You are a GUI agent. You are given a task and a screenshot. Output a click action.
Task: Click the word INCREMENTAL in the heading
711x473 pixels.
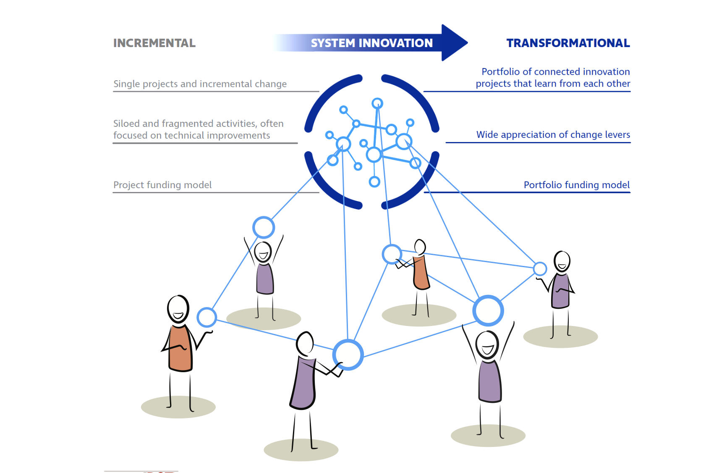click(x=154, y=43)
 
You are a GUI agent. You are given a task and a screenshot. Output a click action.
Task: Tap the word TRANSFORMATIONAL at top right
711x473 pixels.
click(x=568, y=43)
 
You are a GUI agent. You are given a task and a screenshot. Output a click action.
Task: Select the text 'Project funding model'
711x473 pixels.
click(x=162, y=184)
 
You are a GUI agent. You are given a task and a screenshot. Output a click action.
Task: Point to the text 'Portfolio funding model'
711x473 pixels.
click(x=577, y=184)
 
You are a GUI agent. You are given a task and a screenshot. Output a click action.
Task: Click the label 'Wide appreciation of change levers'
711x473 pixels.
click(x=553, y=134)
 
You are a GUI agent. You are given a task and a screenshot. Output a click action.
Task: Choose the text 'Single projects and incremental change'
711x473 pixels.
click(x=200, y=84)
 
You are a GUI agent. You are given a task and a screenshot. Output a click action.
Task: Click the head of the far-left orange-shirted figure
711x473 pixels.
click(x=178, y=309)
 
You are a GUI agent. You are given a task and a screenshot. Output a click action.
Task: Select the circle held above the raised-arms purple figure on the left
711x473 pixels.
click(x=264, y=227)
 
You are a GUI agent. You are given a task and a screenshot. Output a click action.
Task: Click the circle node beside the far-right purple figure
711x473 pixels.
click(x=540, y=269)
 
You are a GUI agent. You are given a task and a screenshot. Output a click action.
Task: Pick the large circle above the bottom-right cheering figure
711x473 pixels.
click(x=488, y=310)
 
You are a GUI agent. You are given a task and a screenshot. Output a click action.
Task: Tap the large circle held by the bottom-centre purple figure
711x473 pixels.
click(x=348, y=355)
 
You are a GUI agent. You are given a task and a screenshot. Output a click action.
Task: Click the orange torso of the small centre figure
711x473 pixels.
click(x=421, y=273)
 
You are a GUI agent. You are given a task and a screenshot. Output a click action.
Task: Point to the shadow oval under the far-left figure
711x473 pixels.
click(x=178, y=407)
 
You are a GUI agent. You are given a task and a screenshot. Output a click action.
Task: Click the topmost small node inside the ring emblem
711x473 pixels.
click(x=377, y=103)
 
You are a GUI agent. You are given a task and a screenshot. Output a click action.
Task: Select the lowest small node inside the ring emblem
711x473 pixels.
click(x=374, y=182)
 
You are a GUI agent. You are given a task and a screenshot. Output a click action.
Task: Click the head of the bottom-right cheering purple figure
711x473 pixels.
click(x=488, y=345)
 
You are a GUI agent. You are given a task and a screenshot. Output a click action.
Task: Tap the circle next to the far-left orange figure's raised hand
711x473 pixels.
click(x=207, y=317)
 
